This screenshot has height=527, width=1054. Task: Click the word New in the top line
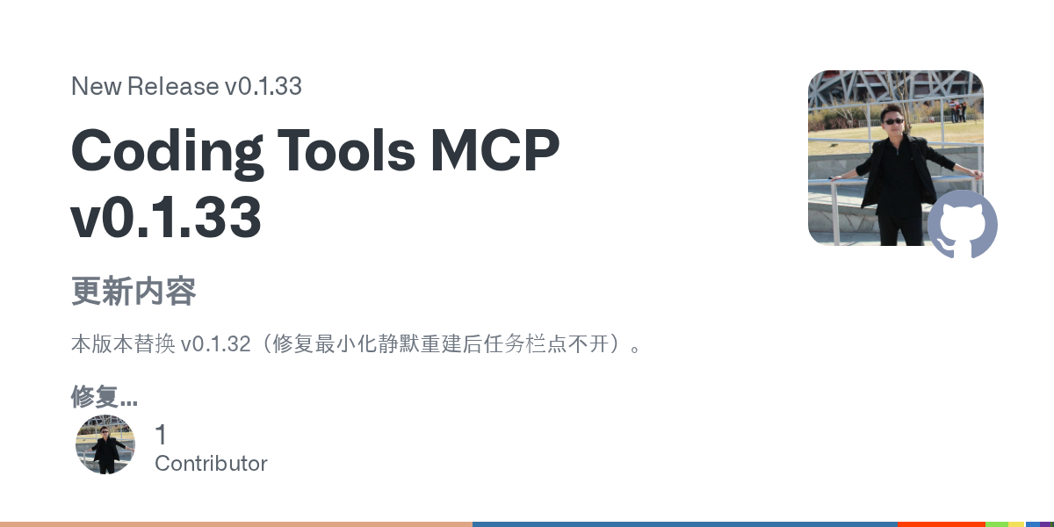pos(96,86)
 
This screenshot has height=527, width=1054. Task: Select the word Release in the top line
pos(173,86)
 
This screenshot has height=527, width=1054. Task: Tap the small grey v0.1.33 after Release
pos(263,86)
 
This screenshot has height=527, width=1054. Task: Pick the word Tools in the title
pos(346,149)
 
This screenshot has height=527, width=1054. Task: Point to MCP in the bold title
pos(495,150)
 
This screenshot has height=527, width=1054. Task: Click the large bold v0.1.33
pos(166,217)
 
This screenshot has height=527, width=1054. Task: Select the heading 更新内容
pos(134,292)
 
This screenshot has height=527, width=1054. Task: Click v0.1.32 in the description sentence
pos(215,344)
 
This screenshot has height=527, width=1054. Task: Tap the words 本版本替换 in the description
pos(123,344)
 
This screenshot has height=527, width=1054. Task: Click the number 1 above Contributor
pos(161,434)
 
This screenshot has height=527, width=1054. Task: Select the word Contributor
pos(211,464)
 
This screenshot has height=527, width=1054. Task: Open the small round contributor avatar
pos(105,444)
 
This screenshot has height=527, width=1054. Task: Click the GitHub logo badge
pos(963,224)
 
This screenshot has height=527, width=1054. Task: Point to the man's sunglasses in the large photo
pos(892,121)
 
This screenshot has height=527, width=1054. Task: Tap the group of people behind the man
pos(957,111)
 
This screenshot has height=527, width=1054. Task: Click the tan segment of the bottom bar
pos(236,524)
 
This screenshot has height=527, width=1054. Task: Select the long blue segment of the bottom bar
pos(685,524)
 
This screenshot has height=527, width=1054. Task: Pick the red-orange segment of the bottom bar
pos(942,524)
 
